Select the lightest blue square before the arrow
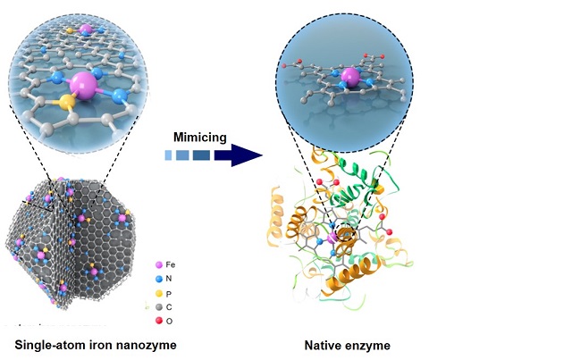coord(168,155)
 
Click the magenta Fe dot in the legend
coord(158,265)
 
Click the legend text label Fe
coord(175,265)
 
